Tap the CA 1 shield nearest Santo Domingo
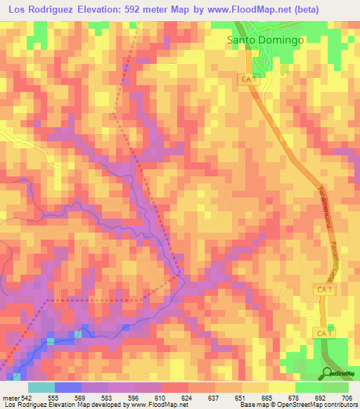pyautogui.click(x=247, y=81)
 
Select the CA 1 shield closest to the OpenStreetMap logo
pyautogui.click(x=321, y=332)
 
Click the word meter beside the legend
pyautogui.click(x=9, y=397)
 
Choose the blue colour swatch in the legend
pyautogui.click(x=68, y=387)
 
